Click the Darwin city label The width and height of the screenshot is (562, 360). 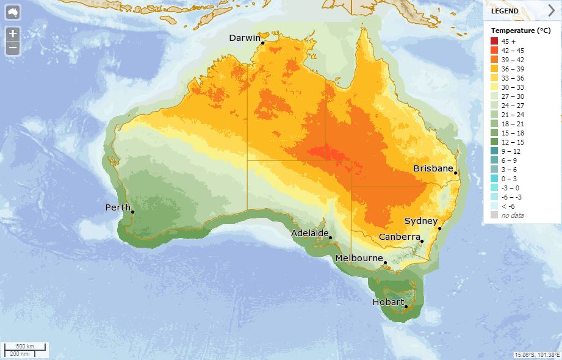244,38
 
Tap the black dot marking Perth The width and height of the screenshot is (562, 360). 132,212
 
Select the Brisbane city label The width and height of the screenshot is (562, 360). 433,168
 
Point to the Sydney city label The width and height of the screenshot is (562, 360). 421,221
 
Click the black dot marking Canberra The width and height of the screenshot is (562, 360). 421,242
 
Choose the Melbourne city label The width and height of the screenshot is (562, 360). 359,258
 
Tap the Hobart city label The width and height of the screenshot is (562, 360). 388,302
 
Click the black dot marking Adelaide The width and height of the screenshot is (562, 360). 330,238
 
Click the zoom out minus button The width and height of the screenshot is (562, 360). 13,48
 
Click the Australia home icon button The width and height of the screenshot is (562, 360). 13,12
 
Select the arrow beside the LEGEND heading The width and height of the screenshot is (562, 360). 551,10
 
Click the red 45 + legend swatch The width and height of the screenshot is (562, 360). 494,41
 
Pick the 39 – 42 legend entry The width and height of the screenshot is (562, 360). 513,59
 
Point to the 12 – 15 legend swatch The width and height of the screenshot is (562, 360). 494,142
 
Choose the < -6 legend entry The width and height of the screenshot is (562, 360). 509,206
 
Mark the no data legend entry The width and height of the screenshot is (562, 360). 513,215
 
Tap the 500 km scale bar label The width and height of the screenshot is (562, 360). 24,347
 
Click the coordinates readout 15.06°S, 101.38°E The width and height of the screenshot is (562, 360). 537,355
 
